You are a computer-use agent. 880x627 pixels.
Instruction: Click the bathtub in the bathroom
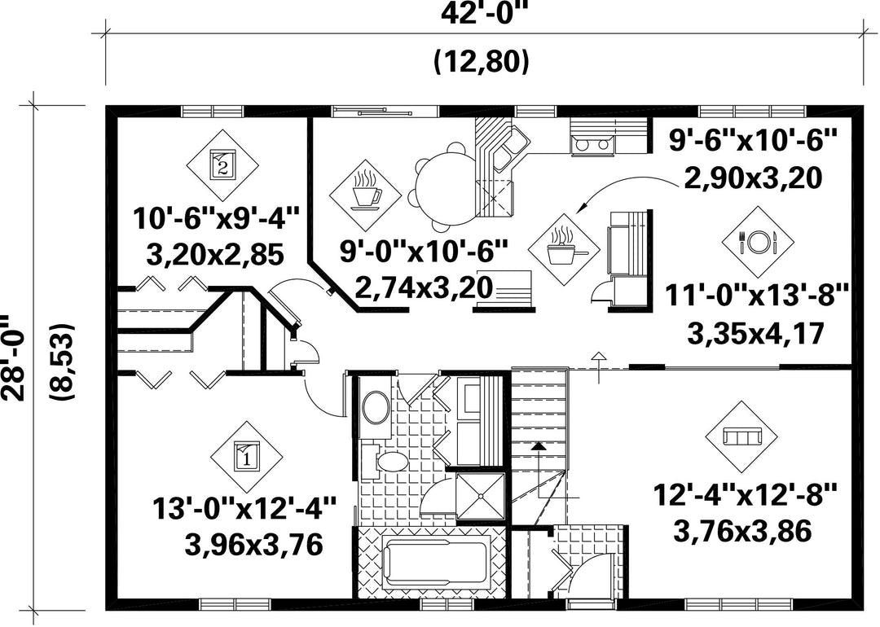pos(437,563)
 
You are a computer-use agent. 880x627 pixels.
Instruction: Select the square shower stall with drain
pos(480,497)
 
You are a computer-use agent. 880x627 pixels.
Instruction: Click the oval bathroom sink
pos(376,408)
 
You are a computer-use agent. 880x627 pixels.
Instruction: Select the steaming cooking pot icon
pos(565,248)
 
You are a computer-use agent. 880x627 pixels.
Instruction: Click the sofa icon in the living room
pos(741,436)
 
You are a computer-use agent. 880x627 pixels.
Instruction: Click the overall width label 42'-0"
pos(485,15)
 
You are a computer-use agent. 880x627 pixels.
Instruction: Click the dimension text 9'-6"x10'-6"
pos(753,140)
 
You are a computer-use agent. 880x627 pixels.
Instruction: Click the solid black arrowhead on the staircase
pos(539,446)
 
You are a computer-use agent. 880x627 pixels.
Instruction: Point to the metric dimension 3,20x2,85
pos(214,256)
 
